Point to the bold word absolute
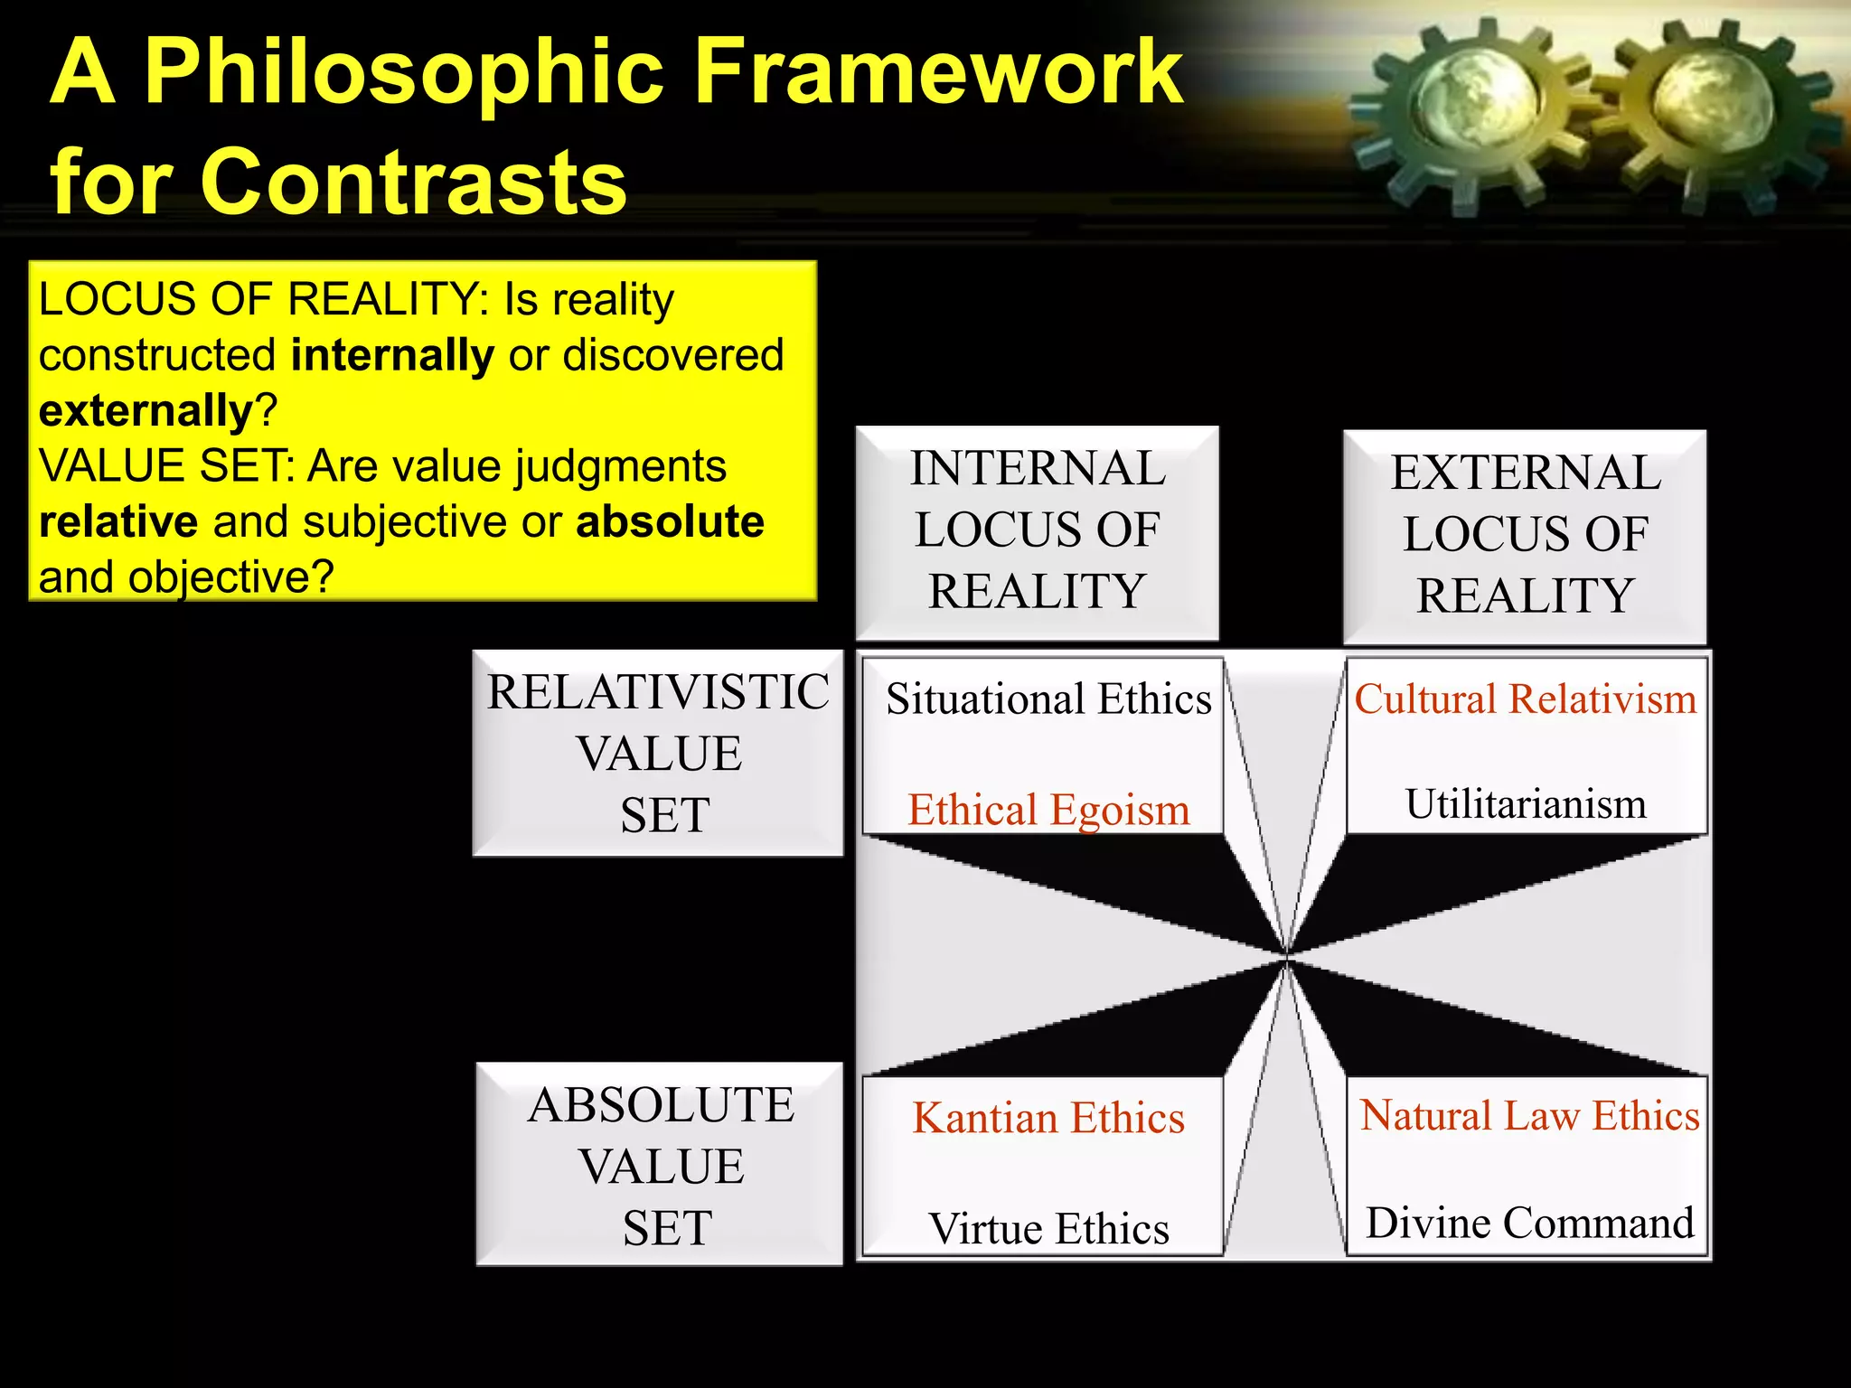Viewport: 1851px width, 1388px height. tap(670, 522)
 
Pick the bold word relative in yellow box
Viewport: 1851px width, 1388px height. tap(118, 522)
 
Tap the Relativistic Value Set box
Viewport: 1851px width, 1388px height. tap(658, 753)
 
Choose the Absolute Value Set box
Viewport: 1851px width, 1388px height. tap(661, 1165)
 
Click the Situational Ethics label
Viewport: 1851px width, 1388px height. tap(1048, 699)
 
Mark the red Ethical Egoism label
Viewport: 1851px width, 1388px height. tap(1048, 810)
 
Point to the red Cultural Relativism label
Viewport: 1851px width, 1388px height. tap(1526, 699)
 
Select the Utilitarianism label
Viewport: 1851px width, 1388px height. tap(1526, 804)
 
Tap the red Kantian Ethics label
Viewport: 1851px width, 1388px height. tap(1048, 1119)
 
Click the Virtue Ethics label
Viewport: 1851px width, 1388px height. tap(1048, 1229)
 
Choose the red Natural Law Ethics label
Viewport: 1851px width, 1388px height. tap(1529, 1116)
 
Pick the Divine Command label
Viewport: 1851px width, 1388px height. tap(1529, 1224)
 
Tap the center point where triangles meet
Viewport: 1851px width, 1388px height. tap(1286, 955)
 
